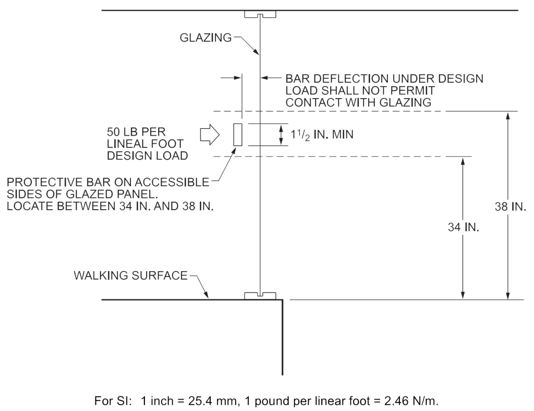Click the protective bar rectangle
click(x=238, y=135)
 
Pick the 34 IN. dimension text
click(x=464, y=228)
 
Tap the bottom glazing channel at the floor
click(x=260, y=296)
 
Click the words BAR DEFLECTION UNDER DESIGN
click(x=384, y=79)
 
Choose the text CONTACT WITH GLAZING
click(x=358, y=103)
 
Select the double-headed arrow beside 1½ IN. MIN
click(x=281, y=135)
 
